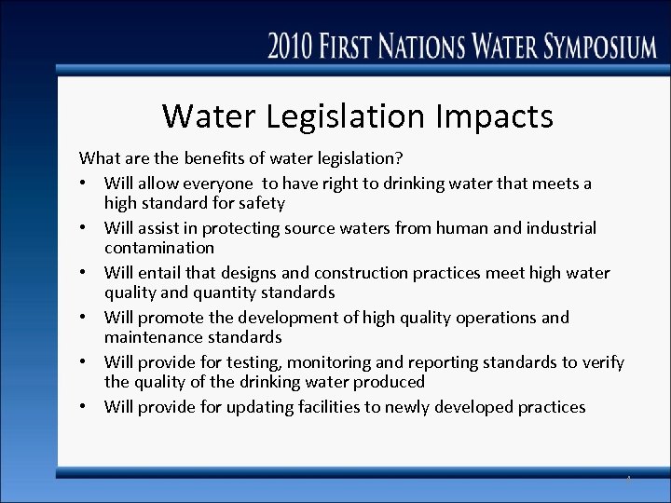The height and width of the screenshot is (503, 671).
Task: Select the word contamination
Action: (x=159, y=248)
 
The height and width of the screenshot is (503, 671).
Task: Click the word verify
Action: (x=602, y=362)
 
